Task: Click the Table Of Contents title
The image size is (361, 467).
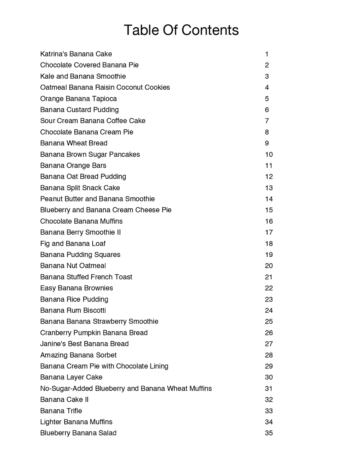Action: tap(181, 30)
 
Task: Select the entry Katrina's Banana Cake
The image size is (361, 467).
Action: tap(76, 54)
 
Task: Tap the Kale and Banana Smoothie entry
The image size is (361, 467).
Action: tap(83, 76)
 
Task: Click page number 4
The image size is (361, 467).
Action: tap(267, 88)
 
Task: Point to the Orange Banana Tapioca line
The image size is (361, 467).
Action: tap(78, 99)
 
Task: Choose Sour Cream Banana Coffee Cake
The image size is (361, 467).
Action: tap(93, 121)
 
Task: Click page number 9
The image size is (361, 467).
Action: tap(267, 143)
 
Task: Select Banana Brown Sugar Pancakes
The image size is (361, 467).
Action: tap(90, 154)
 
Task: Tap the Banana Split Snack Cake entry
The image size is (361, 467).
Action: tap(80, 188)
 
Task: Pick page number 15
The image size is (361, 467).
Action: tap(269, 210)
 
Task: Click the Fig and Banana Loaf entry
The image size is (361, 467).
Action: tap(73, 244)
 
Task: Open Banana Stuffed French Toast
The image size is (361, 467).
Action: tap(86, 277)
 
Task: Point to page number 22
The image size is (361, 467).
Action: tap(269, 288)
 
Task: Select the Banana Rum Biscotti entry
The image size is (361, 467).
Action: tap(73, 310)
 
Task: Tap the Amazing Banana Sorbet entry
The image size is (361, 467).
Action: tap(78, 355)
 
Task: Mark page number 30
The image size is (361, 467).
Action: tap(269, 377)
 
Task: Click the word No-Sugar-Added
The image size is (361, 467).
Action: tap(66, 388)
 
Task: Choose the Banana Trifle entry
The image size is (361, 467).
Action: tap(61, 411)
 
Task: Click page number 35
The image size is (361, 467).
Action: tap(269, 433)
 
